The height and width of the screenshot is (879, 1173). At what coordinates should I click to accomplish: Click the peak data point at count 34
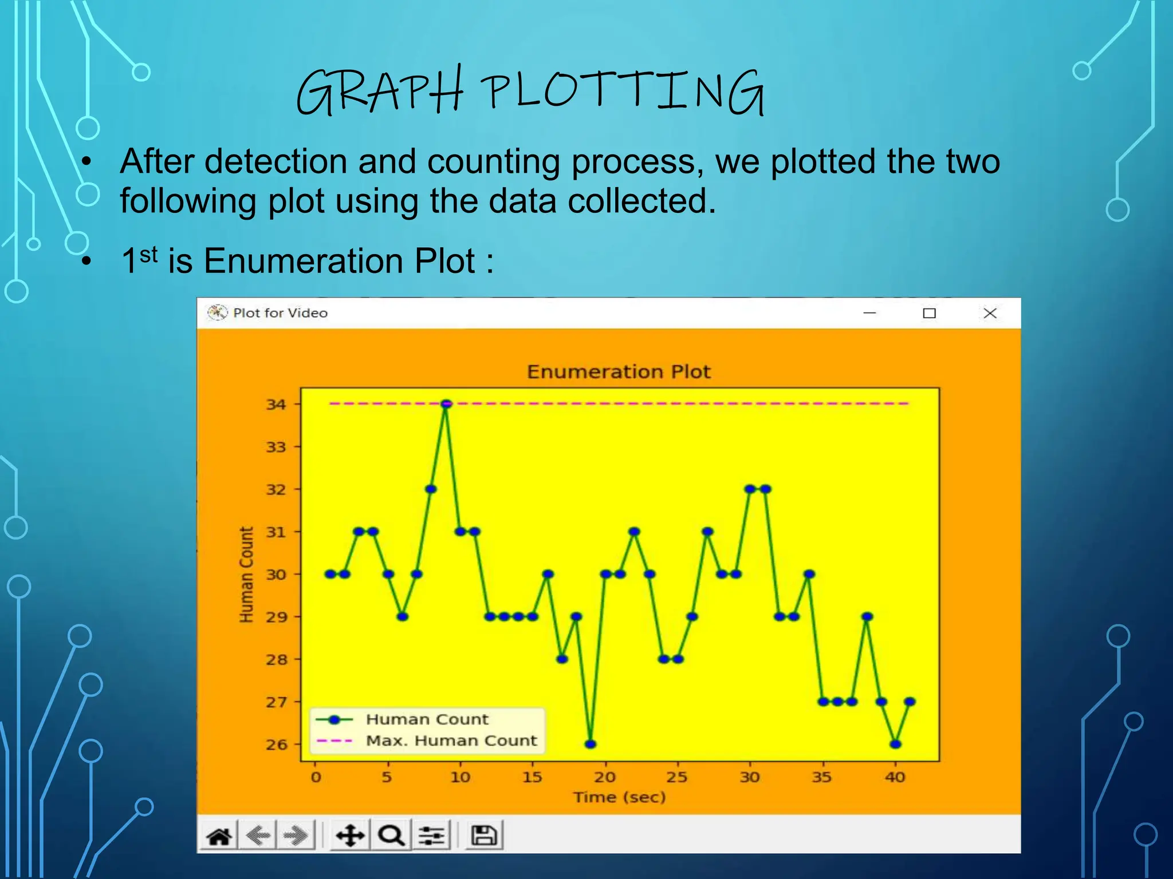pyautogui.click(x=446, y=404)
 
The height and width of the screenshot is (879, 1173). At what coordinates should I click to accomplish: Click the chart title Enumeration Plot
pyautogui.click(x=619, y=372)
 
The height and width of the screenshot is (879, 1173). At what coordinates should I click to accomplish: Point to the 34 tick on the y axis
pyautogui.click(x=276, y=405)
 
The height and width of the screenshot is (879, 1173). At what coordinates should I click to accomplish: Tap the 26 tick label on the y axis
pyautogui.click(x=276, y=745)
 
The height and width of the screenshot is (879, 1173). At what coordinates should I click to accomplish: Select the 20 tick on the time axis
pyautogui.click(x=605, y=777)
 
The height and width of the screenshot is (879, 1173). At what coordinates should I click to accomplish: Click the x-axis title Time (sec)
pyautogui.click(x=620, y=797)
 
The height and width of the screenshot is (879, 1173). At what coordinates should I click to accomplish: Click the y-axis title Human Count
pyautogui.click(x=246, y=574)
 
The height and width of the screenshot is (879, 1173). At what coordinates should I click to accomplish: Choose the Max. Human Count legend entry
pyautogui.click(x=451, y=741)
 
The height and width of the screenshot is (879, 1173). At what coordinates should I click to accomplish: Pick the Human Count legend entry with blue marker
pyautogui.click(x=427, y=719)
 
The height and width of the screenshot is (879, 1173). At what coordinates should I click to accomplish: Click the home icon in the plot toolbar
pyautogui.click(x=219, y=836)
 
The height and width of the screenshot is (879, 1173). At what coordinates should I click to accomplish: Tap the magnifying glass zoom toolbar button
pyautogui.click(x=392, y=836)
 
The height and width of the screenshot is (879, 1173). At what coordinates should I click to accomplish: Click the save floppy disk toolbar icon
pyautogui.click(x=484, y=836)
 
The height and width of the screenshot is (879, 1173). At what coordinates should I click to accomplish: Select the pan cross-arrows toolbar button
pyautogui.click(x=350, y=836)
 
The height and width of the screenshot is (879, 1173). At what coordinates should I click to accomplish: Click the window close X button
pyautogui.click(x=990, y=313)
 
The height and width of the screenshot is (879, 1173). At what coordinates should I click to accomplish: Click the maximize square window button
pyautogui.click(x=929, y=313)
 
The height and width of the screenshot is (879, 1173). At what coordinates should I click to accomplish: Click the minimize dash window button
pyautogui.click(x=869, y=313)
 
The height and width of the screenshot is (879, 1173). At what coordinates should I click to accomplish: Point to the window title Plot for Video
pyautogui.click(x=280, y=313)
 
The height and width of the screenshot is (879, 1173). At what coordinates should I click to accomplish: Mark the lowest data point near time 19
pyautogui.click(x=591, y=745)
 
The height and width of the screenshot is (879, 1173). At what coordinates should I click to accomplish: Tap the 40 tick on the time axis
pyautogui.click(x=895, y=777)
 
